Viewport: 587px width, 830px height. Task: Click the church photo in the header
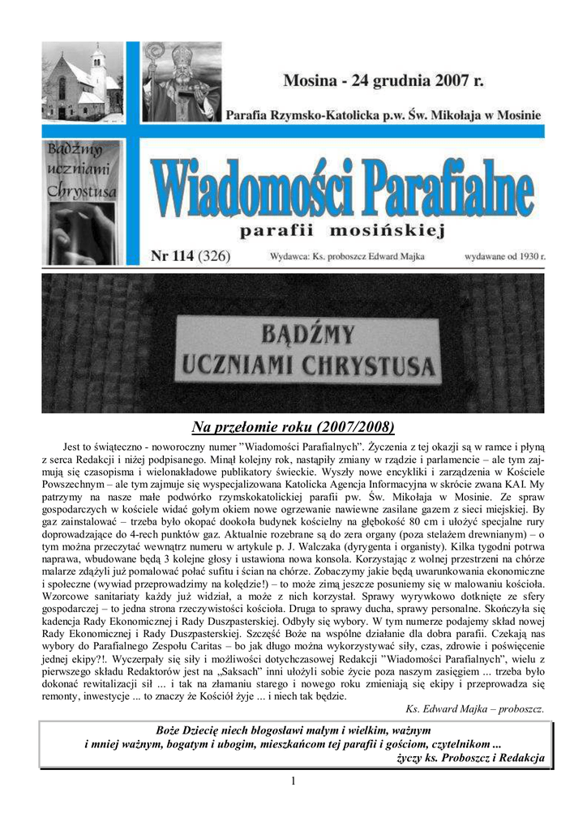click(82, 83)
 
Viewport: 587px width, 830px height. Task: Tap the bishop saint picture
click(182, 82)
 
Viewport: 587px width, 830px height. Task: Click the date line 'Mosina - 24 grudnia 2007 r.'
click(383, 81)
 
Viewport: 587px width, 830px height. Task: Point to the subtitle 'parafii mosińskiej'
click(344, 232)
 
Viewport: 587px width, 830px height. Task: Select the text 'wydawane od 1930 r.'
click(504, 257)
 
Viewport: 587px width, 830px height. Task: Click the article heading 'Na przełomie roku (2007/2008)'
click(293, 427)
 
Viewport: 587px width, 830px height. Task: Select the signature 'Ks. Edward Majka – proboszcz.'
click(474, 708)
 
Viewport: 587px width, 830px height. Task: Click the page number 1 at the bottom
click(293, 781)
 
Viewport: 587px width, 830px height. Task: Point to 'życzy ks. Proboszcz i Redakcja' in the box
click(470, 759)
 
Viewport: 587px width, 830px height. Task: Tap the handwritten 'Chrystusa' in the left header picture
click(82, 191)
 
